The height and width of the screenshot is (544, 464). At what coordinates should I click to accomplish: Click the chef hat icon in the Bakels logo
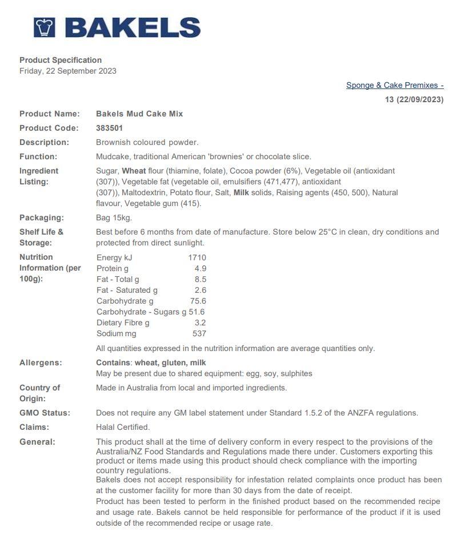(x=44, y=27)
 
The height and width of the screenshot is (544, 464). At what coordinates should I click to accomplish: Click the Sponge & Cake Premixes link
(x=394, y=85)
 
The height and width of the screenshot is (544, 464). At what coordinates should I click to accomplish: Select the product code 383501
(x=109, y=128)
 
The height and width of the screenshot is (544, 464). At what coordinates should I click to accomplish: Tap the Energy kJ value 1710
(x=197, y=257)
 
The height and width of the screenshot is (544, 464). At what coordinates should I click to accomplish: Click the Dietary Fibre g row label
(x=123, y=323)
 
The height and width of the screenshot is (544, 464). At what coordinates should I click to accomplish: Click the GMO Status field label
(x=45, y=413)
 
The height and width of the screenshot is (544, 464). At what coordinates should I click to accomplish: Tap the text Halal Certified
(x=123, y=427)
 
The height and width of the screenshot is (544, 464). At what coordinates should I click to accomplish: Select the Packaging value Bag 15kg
(x=114, y=217)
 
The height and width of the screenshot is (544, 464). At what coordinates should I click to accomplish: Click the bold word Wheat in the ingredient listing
(x=134, y=171)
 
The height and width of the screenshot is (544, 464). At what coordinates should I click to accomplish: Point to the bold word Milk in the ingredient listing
(x=243, y=192)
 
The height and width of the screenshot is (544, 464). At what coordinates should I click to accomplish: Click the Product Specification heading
(x=61, y=60)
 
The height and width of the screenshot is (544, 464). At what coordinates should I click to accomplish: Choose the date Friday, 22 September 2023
(x=68, y=71)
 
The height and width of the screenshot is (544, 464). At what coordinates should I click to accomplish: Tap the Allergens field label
(x=41, y=362)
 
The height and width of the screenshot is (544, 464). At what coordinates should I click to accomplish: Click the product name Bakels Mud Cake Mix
(x=139, y=114)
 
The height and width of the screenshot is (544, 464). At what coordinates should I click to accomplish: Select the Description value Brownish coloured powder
(x=147, y=142)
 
